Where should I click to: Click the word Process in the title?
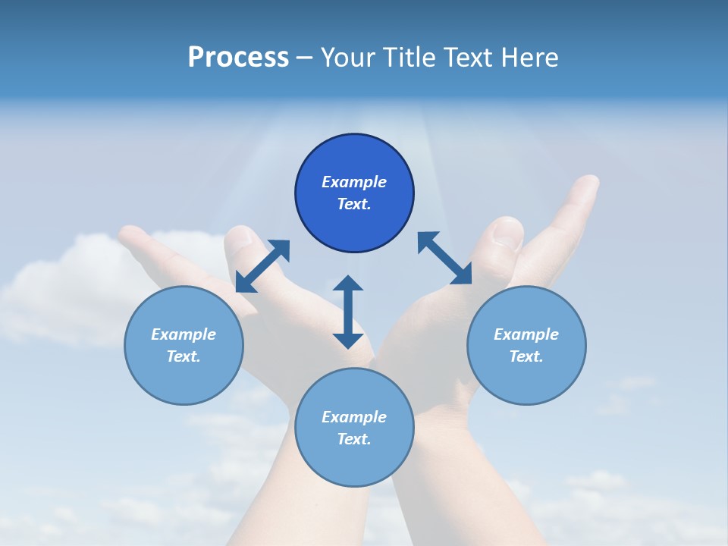tap(238, 58)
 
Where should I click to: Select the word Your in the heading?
tap(350, 58)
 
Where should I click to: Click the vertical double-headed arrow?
tap(348, 312)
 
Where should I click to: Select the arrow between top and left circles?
tap(262, 266)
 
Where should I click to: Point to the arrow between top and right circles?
tap(445, 259)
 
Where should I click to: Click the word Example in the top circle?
tap(354, 182)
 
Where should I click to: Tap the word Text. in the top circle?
tap(354, 204)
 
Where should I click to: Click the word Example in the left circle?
tap(184, 334)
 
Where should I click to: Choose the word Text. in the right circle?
tap(526, 356)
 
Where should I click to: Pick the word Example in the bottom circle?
tap(354, 417)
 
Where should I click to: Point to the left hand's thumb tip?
tap(240, 235)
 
